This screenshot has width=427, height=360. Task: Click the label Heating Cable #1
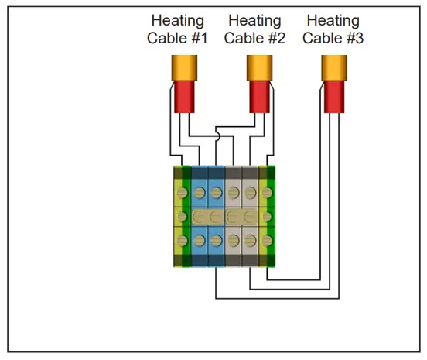177,29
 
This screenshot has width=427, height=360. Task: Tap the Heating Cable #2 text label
254,29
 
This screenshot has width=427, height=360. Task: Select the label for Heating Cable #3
332,29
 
